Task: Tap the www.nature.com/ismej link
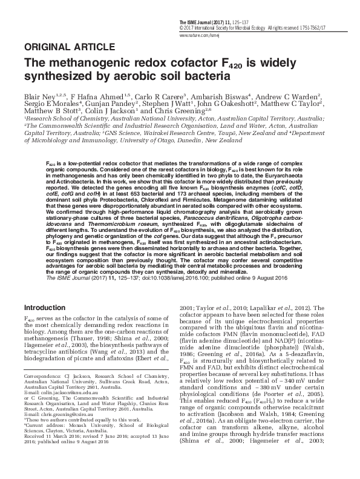[x=196, y=36]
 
